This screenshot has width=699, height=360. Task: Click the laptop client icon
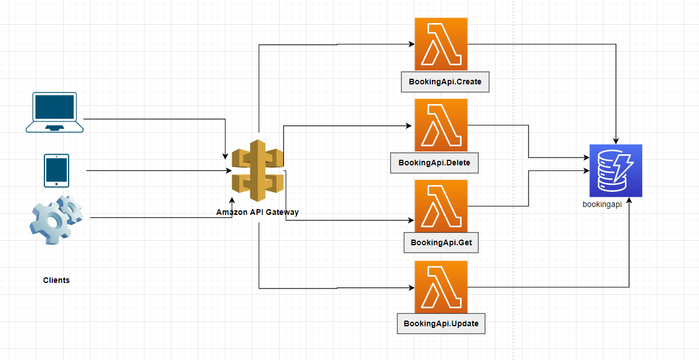[x=55, y=112]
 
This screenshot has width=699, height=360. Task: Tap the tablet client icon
[x=56, y=170]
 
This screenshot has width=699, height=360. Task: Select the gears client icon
[x=56, y=219]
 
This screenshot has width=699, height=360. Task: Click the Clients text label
[x=56, y=280]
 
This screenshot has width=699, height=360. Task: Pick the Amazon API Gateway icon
[x=258, y=170]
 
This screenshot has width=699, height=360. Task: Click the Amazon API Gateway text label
[x=258, y=212]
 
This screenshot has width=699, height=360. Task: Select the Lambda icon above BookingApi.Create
[x=441, y=44]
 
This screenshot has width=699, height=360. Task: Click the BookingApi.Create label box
[x=445, y=82]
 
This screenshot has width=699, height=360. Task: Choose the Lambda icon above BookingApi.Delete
[x=441, y=125]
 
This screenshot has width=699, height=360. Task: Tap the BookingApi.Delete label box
[x=434, y=163]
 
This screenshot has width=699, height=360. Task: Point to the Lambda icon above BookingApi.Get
[x=441, y=206]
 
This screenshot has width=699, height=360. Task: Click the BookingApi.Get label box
[x=441, y=242]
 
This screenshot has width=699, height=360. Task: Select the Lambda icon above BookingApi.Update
[x=441, y=287]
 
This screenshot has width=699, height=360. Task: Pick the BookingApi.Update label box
[x=441, y=323]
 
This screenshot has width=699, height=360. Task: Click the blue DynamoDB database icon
[x=616, y=170]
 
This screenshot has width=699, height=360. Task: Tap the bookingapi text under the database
[x=602, y=205]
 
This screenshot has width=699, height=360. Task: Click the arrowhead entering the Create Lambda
[x=411, y=44]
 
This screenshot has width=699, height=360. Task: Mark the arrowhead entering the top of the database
[x=616, y=141]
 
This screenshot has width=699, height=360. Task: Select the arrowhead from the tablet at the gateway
[x=228, y=170]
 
